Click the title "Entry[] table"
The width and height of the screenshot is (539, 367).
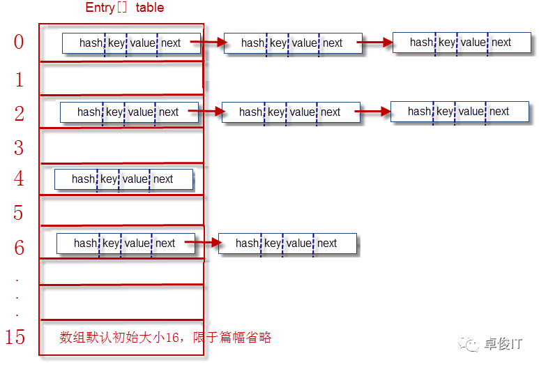pos(125,8)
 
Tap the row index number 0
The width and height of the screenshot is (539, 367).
pos(19,42)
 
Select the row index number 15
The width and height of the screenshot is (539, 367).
pos(15,337)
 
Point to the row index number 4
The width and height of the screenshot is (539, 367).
pos(19,179)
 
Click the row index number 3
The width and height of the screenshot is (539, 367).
pos(19,147)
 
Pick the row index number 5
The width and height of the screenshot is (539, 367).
pos(19,212)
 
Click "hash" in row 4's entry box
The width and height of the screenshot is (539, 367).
pos(83,179)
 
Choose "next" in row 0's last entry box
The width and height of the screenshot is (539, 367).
pos(501,42)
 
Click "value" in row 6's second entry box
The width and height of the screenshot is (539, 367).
pos(298,244)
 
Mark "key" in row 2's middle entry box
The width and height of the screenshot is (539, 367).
pos(276,112)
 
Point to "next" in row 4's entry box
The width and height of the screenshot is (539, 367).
pos(163,179)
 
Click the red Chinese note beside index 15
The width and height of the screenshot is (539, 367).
pos(165,338)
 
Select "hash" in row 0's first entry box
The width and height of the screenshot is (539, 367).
pos(91,43)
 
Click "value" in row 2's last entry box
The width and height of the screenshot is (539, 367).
pos(471,111)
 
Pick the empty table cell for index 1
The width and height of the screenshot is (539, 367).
pos(121,78)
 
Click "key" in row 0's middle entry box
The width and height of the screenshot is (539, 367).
pos(278,43)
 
